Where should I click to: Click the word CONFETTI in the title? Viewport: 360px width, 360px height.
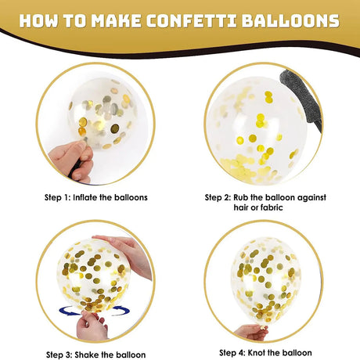click(192, 21)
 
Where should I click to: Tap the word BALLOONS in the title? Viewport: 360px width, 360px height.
click(290, 21)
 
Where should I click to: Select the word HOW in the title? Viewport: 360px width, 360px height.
click(38, 21)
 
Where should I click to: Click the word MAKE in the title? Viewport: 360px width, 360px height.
click(116, 21)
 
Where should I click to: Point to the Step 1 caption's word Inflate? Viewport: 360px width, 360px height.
click(85, 197)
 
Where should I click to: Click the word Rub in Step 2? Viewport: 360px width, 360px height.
click(241, 197)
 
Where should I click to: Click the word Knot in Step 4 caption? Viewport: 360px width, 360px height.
click(257, 353)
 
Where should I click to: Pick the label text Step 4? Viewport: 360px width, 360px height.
click(232, 353)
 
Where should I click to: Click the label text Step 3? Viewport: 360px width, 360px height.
click(59, 355)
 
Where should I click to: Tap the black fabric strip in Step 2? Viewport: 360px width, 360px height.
click(300, 99)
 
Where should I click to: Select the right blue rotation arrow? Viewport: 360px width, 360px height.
click(121, 311)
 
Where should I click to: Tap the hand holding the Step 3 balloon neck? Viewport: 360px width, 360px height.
click(92, 326)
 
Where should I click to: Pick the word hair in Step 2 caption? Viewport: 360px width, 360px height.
click(242, 207)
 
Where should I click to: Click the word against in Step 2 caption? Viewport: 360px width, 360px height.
click(312, 197)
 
